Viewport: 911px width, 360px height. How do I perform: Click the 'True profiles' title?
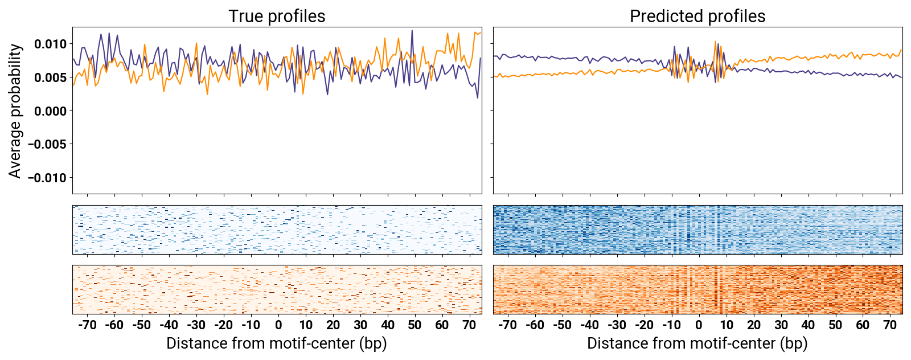click(277, 16)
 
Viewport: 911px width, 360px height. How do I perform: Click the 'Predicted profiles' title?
click(697, 16)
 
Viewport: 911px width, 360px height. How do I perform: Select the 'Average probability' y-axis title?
click(15, 111)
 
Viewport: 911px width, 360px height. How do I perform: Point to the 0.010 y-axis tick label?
click(50, 44)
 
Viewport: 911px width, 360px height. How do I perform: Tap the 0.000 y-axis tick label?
click(50, 111)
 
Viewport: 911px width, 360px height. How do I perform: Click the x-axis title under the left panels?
click(277, 343)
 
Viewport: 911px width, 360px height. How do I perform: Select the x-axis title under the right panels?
click(697, 343)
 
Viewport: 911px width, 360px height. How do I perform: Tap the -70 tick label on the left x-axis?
click(87, 325)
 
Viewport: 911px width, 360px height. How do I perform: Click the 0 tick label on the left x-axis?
click(278, 325)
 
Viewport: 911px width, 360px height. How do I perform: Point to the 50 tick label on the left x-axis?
click(415, 325)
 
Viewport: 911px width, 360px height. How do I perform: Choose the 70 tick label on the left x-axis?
click(469, 325)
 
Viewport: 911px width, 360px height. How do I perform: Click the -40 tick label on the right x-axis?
click(589, 325)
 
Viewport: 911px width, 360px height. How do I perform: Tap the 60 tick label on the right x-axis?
click(863, 325)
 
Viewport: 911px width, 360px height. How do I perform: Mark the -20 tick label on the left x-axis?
click(224, 325)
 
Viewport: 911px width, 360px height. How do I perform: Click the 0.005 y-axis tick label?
click(50, 77)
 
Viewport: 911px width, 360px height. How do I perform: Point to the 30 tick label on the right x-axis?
click(781, 325)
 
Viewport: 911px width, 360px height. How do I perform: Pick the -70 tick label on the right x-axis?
click(507, 325)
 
